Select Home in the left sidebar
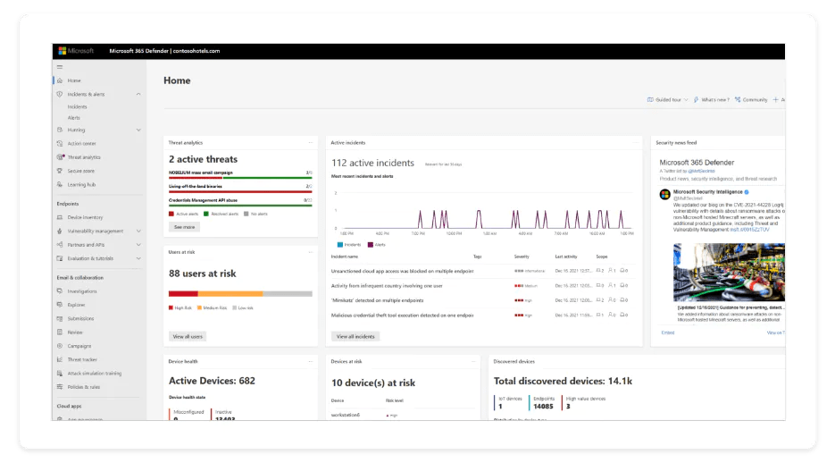coord(74,80)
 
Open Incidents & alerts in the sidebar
coord(86,94)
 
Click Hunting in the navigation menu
coord(77,130)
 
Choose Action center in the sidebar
coord(81,143)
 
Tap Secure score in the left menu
coord(80,171)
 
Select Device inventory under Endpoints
coord(85,217)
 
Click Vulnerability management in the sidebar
coord(95,231)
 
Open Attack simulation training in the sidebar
coord(94,373)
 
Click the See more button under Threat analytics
coord(184,227)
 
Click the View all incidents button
coord(355,336)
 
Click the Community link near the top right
coord(754,100)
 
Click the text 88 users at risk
coord(202,274)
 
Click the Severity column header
coord(522,256)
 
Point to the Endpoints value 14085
coord(542,407)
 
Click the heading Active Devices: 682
coord(212,381)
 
